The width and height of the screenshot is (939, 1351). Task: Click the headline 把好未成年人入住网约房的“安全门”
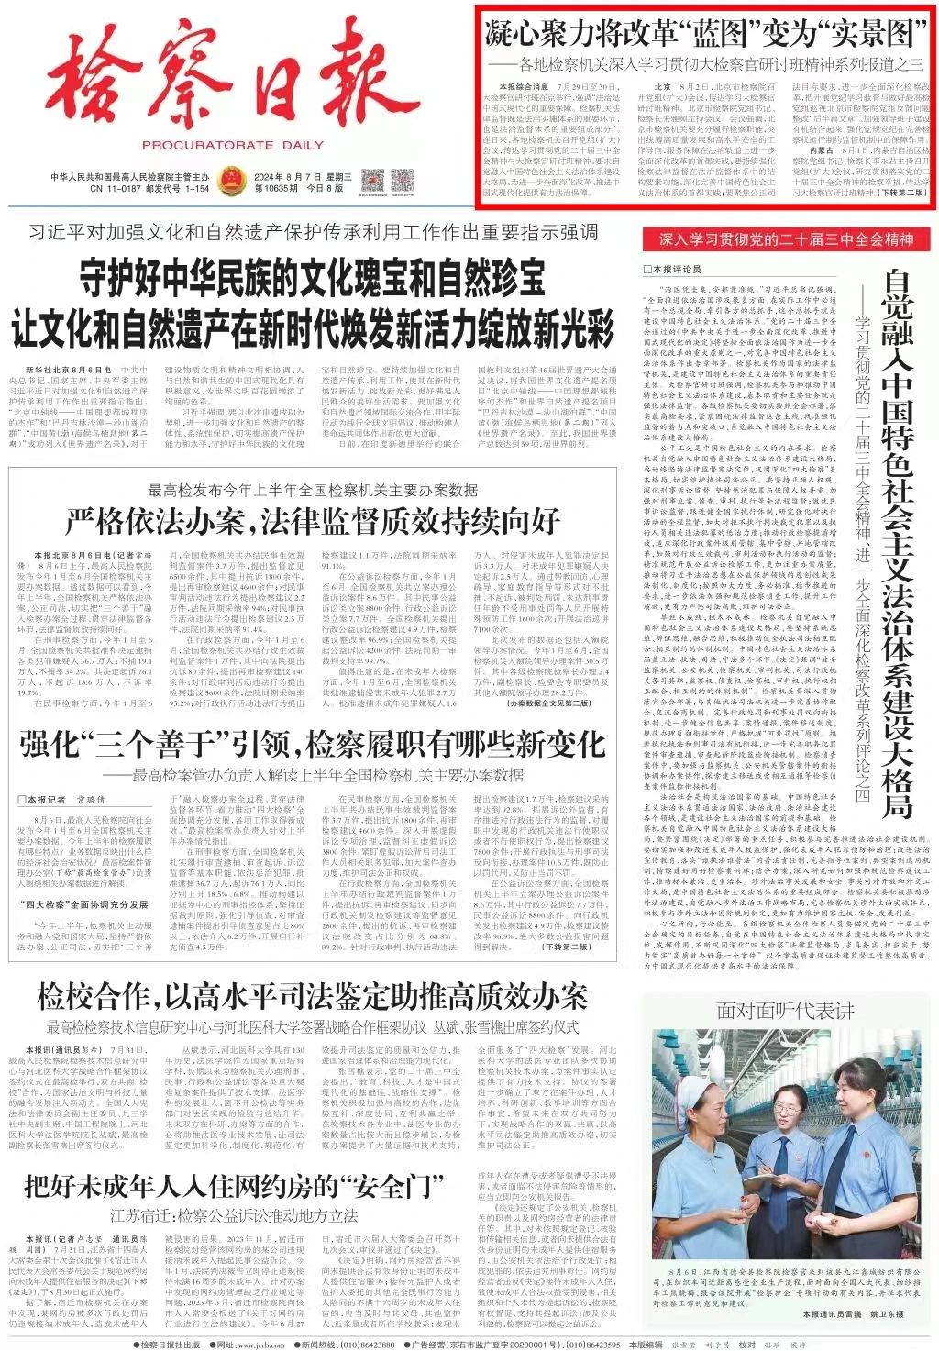[235, 1186]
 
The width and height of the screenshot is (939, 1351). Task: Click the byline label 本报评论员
[678, 269]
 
